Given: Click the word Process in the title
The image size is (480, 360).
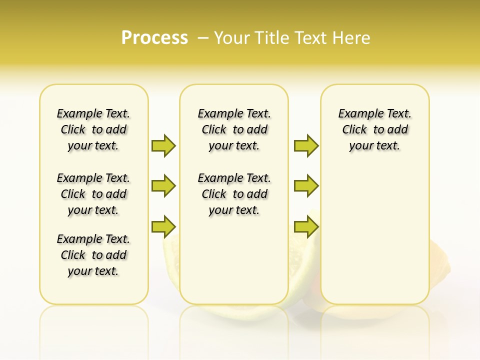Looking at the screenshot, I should pyautogui.click(x=154, y=38).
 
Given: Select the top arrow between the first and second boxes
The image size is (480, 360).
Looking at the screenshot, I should pyautogui.click(x=163, y=145).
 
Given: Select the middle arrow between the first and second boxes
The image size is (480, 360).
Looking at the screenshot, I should pyautogui.click(x=163, y=186).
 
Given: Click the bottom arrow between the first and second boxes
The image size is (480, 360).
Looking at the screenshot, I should pyautogui.click(x=163, y=226).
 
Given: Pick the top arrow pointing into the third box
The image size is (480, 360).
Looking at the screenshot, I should pyautogui.click(x=306, y=145).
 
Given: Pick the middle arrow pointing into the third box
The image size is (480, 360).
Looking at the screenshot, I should pyautogui.click(x=306, y=186).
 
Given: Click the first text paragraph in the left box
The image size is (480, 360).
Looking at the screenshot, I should pyautogui.click(x=93, y=129).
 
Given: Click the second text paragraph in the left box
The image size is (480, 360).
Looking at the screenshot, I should pyautogui.click(x=93, y=194).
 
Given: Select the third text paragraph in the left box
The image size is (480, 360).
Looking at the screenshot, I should pyautogui.click(x=93, y=255).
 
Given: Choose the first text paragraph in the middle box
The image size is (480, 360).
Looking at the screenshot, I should pyautogui.click(x=234, y=129).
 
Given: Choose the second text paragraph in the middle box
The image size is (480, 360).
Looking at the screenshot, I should pyautogui.click(x=234, y=194).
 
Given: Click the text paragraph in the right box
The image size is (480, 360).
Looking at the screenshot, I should pyautogui.click(x=375, y=129).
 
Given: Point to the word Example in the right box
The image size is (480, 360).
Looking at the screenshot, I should pyautogui.click(x=357, y=114).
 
